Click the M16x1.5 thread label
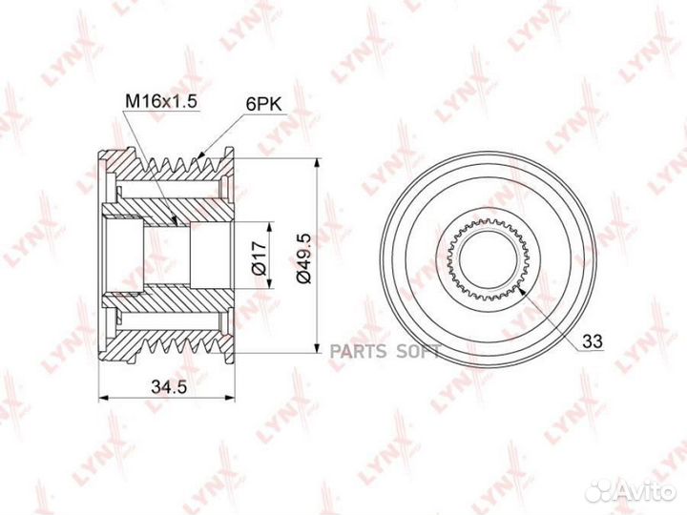(157, 100)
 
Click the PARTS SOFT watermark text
(385, 352)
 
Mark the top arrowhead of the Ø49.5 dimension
(316, 160)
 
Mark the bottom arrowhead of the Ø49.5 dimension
(316, 353)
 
